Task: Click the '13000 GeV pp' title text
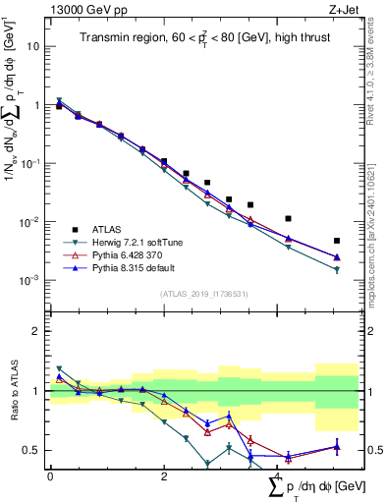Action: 88,9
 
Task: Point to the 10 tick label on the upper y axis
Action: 34,46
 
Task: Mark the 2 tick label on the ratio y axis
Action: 37,331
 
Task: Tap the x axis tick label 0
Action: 50,476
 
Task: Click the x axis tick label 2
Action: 164,476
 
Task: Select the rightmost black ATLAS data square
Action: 337,241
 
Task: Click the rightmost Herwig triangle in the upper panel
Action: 337,269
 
